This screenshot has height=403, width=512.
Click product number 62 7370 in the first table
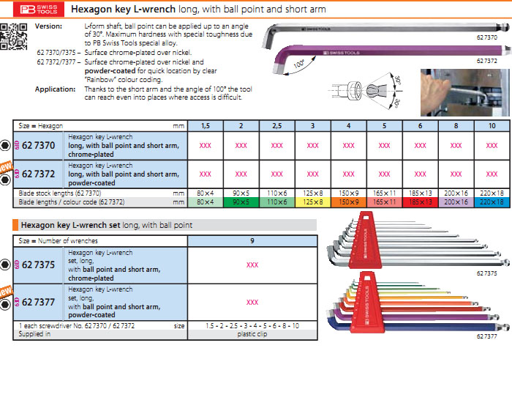(39, 145)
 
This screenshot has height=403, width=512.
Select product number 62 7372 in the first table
(39, 174)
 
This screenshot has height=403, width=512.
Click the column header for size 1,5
(206, 126)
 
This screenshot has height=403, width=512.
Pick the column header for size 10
(492, 126)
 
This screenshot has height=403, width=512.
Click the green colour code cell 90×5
(241, 202)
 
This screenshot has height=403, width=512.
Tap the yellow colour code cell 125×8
(313, 202)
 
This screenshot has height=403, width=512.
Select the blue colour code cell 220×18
(492, 202)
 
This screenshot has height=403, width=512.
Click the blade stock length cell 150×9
(349, 193)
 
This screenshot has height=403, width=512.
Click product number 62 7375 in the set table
(39, 265)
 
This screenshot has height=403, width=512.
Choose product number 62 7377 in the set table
(39, 301)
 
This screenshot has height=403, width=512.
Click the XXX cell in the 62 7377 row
(252, 302)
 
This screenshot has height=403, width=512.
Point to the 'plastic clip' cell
(252, 333)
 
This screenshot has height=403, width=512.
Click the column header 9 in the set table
(252, 240)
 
